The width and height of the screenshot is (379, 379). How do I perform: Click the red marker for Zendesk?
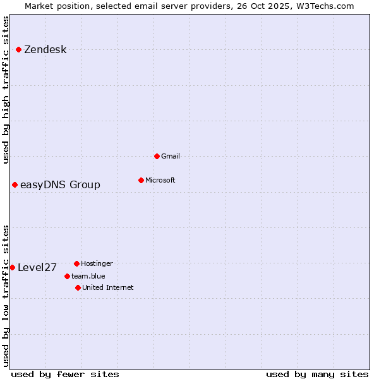click(x=19, y=49)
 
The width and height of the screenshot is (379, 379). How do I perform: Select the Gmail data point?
click(x=157, y=156)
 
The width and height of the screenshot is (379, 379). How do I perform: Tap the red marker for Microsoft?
click(x=141, y=180)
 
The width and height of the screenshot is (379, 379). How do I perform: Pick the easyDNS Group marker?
click(x=15, y=184)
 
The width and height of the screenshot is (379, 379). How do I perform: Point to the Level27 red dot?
click(x=12, y=267)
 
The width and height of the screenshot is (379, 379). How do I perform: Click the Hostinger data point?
click(x=76, y=263)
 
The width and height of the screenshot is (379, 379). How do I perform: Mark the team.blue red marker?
click(x=67, y=276)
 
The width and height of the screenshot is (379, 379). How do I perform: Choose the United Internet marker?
click(x=78, y=287)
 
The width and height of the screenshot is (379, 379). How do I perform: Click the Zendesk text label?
click(x=45, y=50)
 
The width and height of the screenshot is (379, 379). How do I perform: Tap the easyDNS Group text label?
click(x=60, y=185)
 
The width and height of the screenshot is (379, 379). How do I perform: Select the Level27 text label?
click(x=37, y=268)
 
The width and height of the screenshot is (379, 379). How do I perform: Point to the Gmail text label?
click(x=171, y=156)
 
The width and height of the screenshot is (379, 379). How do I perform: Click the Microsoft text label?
click(x=160, y=180)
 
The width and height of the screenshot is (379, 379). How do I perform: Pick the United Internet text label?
click(x=108, y=287)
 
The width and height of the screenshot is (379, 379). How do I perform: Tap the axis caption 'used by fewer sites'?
click(x=65, y=374)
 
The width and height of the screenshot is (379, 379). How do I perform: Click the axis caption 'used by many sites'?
click(x=317, y=374)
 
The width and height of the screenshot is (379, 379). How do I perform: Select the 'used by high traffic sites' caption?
click(x=6, y=90)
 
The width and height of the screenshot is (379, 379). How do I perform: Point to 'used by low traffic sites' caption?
click(x=6, y=295)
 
